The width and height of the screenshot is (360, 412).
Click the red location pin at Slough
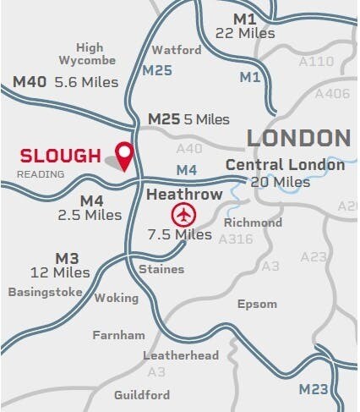[x=125, y=155]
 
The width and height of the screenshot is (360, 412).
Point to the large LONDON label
[x=297, y=138]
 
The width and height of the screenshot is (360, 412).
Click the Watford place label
[x=177, y=50]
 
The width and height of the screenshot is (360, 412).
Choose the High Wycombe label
[x=89, y=54]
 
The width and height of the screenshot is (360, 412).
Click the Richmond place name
[x=253, y=222]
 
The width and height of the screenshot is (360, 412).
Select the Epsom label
[x=257, y=304]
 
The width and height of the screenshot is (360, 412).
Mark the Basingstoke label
[x=45, y=292]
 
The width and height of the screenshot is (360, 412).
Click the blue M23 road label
[x=314, y=389]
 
